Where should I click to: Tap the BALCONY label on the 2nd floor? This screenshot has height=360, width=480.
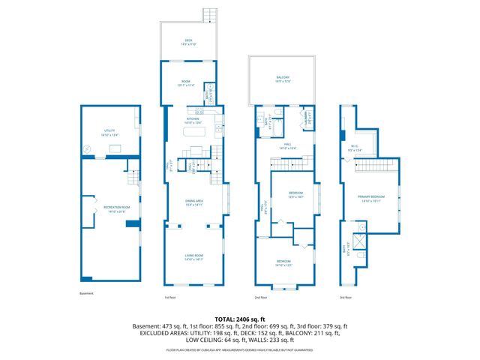[x=283, y=78]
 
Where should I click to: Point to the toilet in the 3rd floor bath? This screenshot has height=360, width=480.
[x=362, y=257]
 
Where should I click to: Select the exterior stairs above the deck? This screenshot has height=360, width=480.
[x=209, y=15]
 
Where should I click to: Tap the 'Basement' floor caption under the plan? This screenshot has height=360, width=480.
[x=86, y=293]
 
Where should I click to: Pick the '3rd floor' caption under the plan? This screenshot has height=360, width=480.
[x=345, y=298]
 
